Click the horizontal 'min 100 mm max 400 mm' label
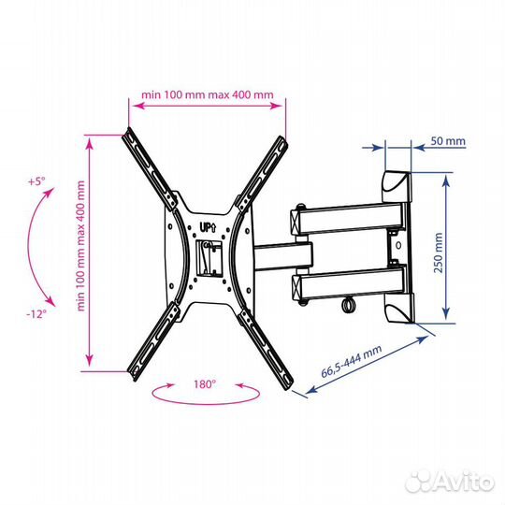tap(208, 94)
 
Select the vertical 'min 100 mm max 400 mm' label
tap(80, 246)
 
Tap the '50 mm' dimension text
tap(448, 140)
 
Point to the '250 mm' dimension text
tap(438, 252)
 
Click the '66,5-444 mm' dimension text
tap(352, 361)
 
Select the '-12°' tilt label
tap(36, 313)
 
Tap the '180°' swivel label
tap(205, 384)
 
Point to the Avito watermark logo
tap(450, 483)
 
